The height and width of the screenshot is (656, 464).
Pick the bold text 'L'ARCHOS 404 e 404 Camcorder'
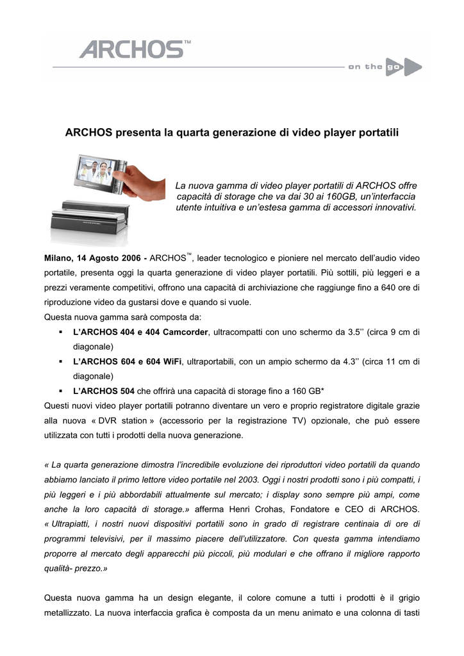pyautogui.click(x=141, y=332)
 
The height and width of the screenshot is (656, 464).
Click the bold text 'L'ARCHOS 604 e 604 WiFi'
pyautogui.click(x=128, y=361)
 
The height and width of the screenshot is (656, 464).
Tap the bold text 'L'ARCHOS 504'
pyautogui.click(x=104, y=391)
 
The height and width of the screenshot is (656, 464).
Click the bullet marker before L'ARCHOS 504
pyautogui.click(x=60, y=391)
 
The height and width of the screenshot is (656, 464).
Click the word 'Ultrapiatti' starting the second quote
pyautogui.click(x=72, y=524)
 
